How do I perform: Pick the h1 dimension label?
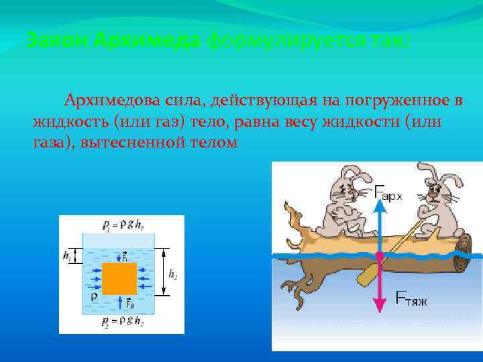coord(66,255)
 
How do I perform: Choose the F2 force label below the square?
coord(131,304)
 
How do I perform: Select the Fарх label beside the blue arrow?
coord(389,195)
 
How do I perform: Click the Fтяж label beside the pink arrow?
coord(410,299)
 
